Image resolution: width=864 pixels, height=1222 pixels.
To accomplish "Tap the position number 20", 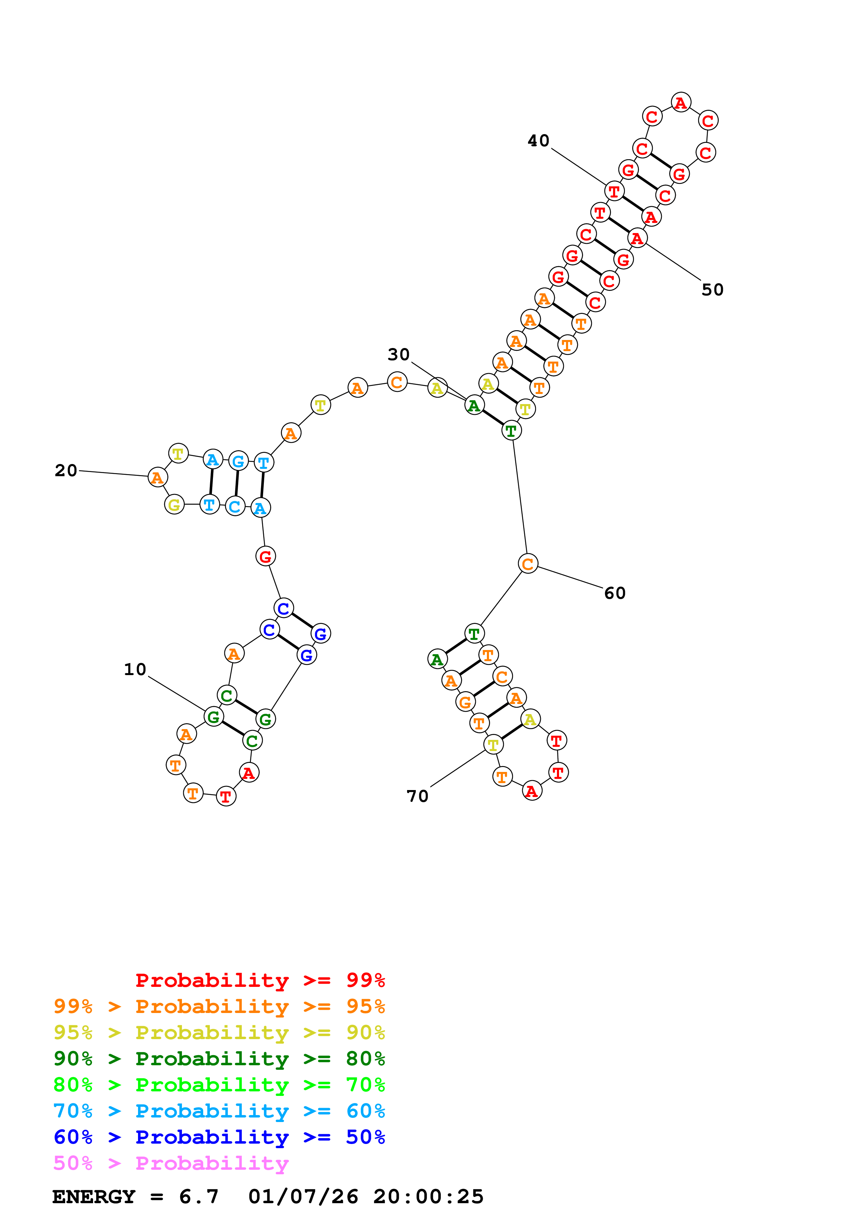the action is [66, 471].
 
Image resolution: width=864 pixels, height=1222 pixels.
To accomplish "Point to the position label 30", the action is [398, 355].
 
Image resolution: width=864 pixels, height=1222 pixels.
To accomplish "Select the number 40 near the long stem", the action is [538, 141].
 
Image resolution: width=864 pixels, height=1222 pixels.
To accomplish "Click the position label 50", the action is [712, 290].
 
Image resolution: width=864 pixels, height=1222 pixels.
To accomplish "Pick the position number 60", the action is [615, 594].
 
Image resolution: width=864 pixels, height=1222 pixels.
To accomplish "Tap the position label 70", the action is [417, 796].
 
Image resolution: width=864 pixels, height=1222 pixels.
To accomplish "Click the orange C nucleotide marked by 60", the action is [528, 564].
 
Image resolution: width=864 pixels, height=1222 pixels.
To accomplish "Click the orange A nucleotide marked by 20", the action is [157, 478].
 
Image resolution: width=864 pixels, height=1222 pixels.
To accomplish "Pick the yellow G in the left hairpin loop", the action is [174, 504].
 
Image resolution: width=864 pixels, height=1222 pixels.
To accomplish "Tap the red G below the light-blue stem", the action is [265, 557].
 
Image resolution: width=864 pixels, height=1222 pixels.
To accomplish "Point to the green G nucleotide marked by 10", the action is [213, 717].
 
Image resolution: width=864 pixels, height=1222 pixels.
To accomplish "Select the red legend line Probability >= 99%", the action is [260, 980].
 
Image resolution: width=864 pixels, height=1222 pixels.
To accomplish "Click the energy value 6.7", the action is [199, 1197].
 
